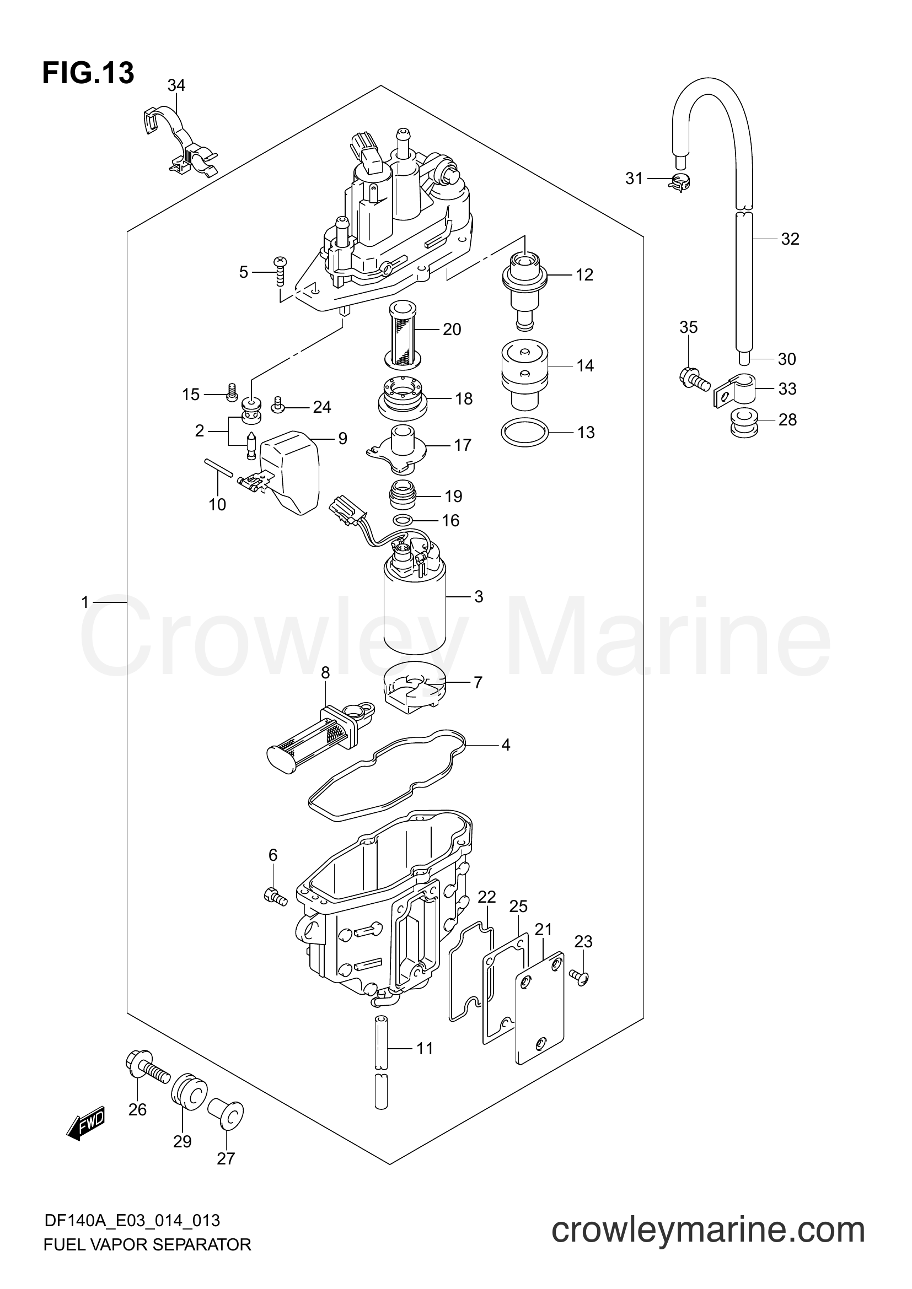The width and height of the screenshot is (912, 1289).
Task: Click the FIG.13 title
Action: point(88,73)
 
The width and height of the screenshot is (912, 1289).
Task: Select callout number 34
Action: point(176,85)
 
